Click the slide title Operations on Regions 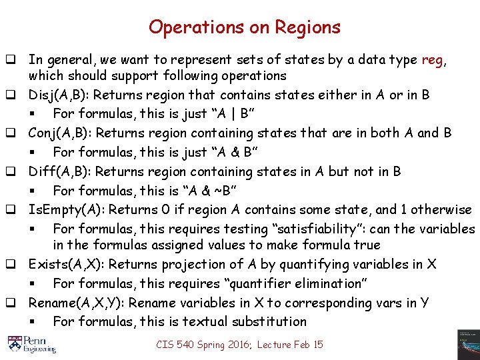[x=244, y=27]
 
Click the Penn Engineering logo [x=31, y=343]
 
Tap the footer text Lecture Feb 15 [x=290, y=345]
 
